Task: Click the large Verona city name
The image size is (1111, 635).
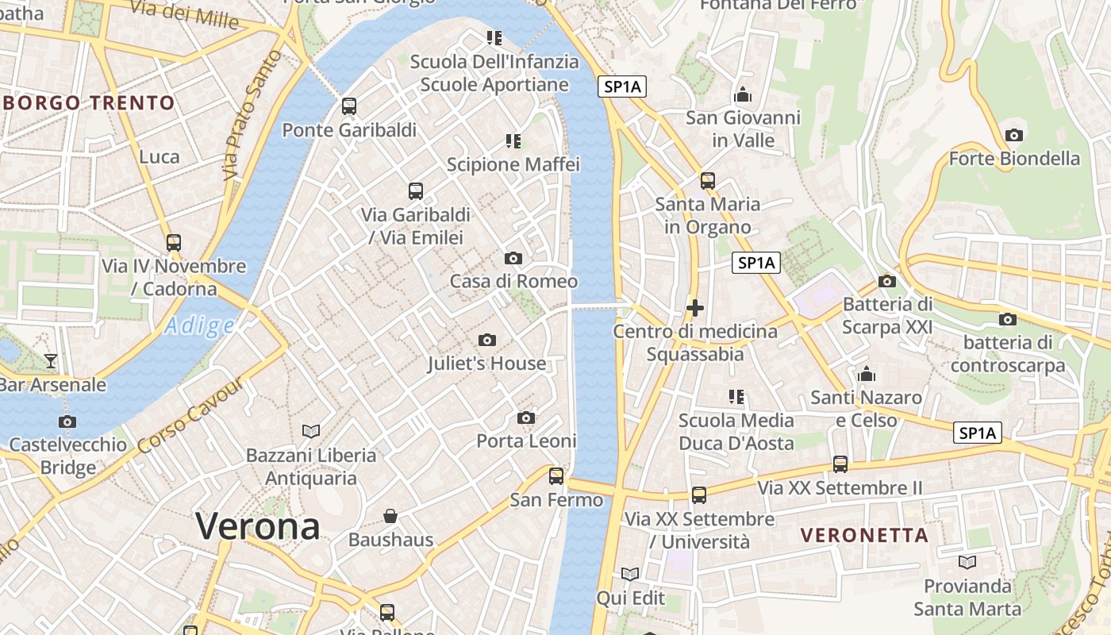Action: pos(258,526)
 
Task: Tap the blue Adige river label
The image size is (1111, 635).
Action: pos(200,325)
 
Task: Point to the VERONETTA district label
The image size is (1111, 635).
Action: pos(864,535)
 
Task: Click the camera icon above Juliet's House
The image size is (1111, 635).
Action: pos(487,340)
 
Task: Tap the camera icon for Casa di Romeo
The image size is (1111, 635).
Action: pos(513,258)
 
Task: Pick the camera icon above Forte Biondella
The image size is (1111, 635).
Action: pos(1013,135)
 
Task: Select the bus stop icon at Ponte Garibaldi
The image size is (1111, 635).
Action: pos(348,106)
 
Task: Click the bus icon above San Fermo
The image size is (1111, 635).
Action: pos(556,476)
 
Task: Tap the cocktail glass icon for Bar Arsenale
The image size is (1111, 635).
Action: pos(51,361)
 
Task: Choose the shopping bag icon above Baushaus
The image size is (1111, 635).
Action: pos(390,517)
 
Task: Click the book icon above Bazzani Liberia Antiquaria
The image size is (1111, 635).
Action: pos(311,431)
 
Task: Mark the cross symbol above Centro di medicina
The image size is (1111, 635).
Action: pos(695,308)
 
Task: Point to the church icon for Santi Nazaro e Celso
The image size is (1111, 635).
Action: pos(867,373)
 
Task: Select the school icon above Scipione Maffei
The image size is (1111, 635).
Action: pos(513,141)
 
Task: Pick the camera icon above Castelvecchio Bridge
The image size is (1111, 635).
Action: pos(67,421)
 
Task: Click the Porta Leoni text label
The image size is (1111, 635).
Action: pos(526,441)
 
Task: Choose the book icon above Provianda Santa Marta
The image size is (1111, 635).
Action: pos(967,563)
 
